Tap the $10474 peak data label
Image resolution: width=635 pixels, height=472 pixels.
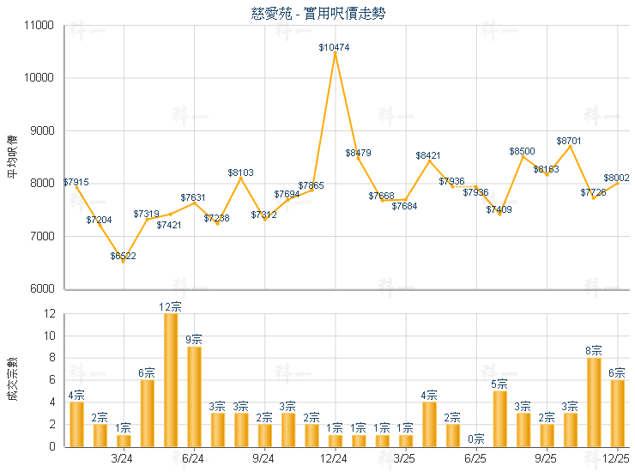pos(334,47)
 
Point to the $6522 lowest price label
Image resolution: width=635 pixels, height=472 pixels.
pos(124,256)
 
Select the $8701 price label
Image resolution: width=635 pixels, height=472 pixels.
pos(570,140)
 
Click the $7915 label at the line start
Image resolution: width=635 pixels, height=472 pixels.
pos(76,182)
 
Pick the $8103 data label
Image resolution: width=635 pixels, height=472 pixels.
pos(241,172)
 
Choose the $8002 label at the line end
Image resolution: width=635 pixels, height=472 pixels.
pos(616,178)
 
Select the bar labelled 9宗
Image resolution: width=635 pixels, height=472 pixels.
pos(194,396)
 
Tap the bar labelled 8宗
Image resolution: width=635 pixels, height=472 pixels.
pos(594,402)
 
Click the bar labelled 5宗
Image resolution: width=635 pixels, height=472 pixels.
pos(499,418)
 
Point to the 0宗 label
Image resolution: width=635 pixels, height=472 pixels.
pos(476,439)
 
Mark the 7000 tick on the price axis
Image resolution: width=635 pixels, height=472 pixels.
pos(42,236)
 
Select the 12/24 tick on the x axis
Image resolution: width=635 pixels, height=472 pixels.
pos(335,459)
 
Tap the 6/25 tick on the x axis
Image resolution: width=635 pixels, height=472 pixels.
pos(476,459)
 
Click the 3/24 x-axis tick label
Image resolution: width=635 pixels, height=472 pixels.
pos(124,459)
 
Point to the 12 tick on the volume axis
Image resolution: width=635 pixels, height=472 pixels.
pos(48,314)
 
